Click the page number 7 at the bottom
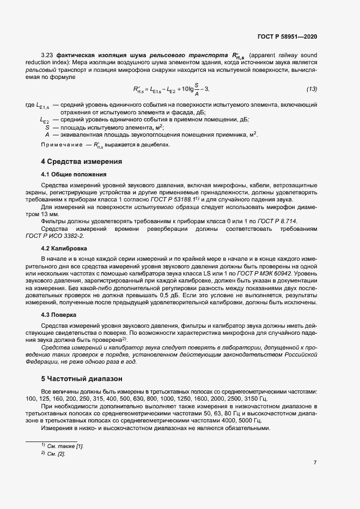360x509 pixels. (315, 463)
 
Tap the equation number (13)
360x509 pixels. (312, 89)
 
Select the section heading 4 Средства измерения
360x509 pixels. (81, 162)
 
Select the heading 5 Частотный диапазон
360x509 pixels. (82, 378)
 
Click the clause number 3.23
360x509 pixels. (47, 56)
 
